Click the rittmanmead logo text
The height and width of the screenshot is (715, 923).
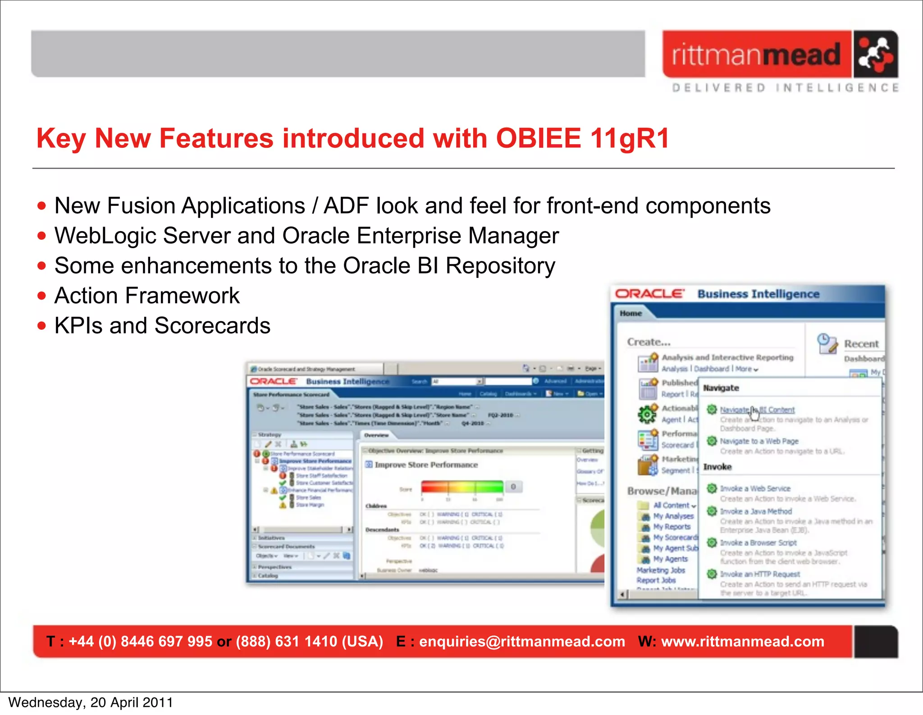click(x=756, y=55)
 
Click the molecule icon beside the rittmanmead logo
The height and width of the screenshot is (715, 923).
click(x=875, y=54)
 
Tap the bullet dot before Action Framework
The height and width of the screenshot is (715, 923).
click(x=42, y=296)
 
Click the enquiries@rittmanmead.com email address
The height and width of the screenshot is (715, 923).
click(x=522, y=642)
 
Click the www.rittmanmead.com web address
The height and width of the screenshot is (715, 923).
click(x=742, y=642)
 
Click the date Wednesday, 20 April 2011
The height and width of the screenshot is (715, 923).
click(x=91, y=702)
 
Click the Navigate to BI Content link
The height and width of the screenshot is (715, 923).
click(x=757, y=410)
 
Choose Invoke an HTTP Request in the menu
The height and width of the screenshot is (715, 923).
click(x=759, y=574)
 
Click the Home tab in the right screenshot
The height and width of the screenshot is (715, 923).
click(x=631, y=313)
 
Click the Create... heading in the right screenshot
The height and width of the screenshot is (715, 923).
click(x=649, y=342)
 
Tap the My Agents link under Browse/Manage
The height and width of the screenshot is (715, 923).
click(x=671, y=559)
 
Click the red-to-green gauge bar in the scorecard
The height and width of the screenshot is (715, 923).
click(x=462, y=487)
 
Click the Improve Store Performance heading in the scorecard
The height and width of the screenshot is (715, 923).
click(x=426, y=465)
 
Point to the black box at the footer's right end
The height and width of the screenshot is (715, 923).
click(x=875, y=642)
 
